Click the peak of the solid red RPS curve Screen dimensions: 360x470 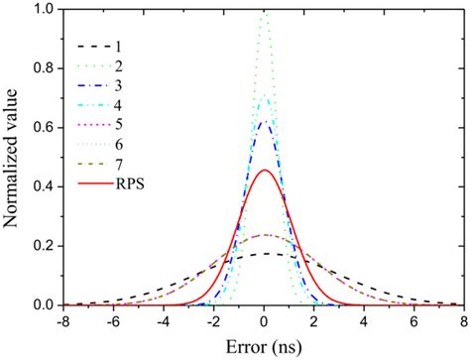pyautogui.click(x=265, y=171)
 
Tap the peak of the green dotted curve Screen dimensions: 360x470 pyautogui.click(x=265, y=11)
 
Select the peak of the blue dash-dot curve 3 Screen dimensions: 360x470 pyautogui.click(x=265, y=121)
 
